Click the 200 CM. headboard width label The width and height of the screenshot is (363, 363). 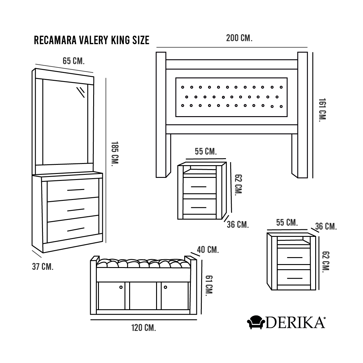(x=239, y=38)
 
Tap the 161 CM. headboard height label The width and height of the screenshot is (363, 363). (x=322, y=110)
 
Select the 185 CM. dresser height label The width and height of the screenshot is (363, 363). (x=115, y=154)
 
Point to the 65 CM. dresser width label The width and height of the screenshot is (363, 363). (x=74, y=61)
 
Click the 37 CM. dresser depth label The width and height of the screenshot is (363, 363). (x=43, y=267)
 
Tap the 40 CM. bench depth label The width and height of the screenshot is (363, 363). (x=208, y=250)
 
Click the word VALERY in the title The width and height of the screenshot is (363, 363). (x=93, y=40)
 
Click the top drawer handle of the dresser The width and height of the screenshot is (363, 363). (x=76, y=190)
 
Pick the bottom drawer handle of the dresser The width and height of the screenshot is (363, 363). (x=76, y=229)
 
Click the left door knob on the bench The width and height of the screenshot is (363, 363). (x=121, y=287)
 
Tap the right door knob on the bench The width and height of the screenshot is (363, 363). (x=165, y=287)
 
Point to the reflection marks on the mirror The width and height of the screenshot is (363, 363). (x=81, y=92)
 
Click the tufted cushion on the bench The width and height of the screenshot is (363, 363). (x=144, y=263)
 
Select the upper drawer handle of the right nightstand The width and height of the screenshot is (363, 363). (x=295, y=257)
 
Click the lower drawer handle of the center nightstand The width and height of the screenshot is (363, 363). (x=198, y=208)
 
